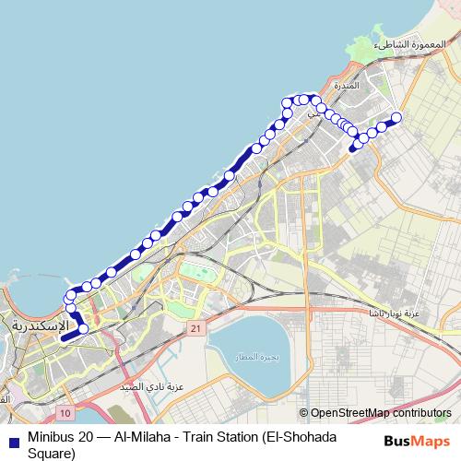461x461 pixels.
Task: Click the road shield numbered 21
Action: click(195, 328)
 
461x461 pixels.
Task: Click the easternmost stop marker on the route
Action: click(397, 117)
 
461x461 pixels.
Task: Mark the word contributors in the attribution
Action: click(422, 413)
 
